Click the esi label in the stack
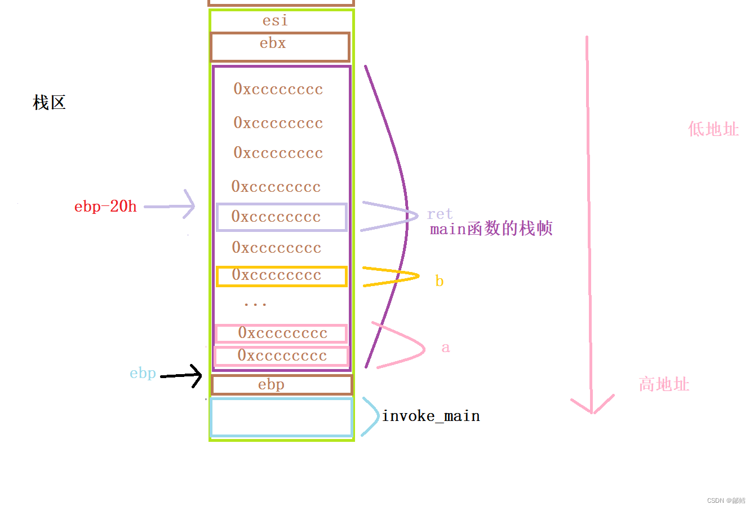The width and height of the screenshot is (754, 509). point(275,21)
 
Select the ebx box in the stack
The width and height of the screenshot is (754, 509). point(280,47)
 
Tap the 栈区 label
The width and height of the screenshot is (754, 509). point(50,103)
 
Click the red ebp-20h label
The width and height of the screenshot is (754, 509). point(105,207)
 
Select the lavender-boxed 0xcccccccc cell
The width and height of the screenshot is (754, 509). point(282,217)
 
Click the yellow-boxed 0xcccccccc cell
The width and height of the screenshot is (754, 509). point(282,276)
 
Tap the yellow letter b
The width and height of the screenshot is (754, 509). point(440,281)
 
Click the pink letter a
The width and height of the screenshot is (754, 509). point(446,348)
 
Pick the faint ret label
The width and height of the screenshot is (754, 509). point(440,214)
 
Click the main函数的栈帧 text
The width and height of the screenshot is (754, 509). point(491,229)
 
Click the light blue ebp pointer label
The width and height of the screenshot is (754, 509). point(143,374)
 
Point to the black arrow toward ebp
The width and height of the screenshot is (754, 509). point(182,375)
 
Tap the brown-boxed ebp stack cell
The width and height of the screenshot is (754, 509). point(282,385)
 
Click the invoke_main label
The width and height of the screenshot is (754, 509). point(431,416)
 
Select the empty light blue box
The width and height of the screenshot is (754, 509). point(281,418)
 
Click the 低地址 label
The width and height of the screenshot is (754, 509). point(713,129)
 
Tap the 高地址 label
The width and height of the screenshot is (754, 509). point(664,385)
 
